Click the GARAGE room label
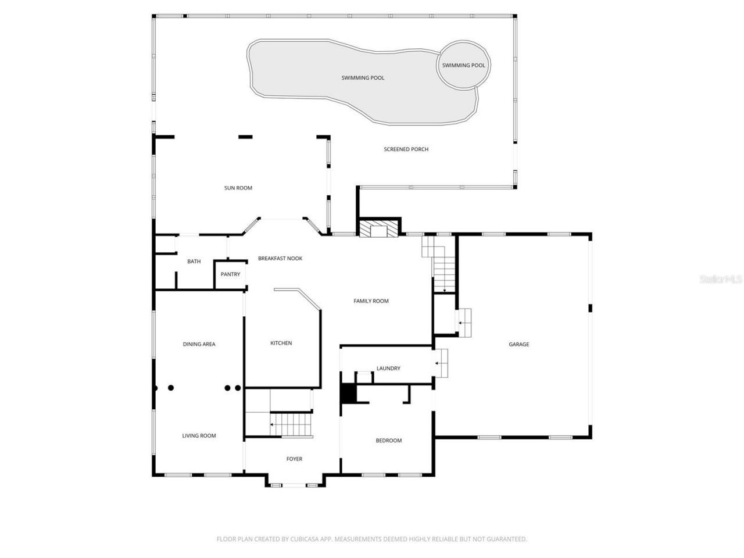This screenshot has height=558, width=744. [x=518, y=344]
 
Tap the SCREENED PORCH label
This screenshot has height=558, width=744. [x=406, y=149]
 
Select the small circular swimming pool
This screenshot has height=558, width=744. [x=463, y=65]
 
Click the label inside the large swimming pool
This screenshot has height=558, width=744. [x=363, y=78]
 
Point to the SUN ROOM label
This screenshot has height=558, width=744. [x=238, y=188]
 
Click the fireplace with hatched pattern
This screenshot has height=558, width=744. [x=380, y=228]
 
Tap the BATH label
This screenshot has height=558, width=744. [x=194, y=262]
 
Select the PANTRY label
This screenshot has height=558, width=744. [x=230, y=274]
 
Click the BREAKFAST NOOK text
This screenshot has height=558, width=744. [x=280, y=258]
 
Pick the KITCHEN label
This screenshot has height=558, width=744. [x=281, y=343]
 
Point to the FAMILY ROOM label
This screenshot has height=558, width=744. [x=371, y=301]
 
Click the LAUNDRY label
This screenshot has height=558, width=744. [x=388, y=369]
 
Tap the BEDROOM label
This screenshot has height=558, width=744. [x=388, y=441]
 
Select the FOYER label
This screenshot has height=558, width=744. [x=294, y=459]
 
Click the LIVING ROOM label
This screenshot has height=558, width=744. [x=199, y=435]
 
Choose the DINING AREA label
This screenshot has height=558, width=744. [x=199, y=344]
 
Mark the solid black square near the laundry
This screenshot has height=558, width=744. [x=348, y=394]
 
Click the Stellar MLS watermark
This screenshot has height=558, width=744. [x=720, y=280]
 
